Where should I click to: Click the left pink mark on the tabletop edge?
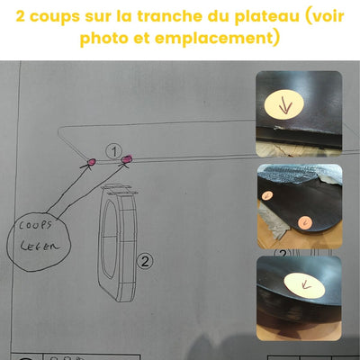click(x=90, y=162)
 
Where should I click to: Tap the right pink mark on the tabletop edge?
click(x=126, y=159)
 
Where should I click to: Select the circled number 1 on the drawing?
click(x=113, y=148)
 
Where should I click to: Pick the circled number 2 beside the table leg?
click(x=142, y=261)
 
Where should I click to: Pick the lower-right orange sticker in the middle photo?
click(x=303, y=221)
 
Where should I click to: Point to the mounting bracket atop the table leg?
click(x=120, y=191)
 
